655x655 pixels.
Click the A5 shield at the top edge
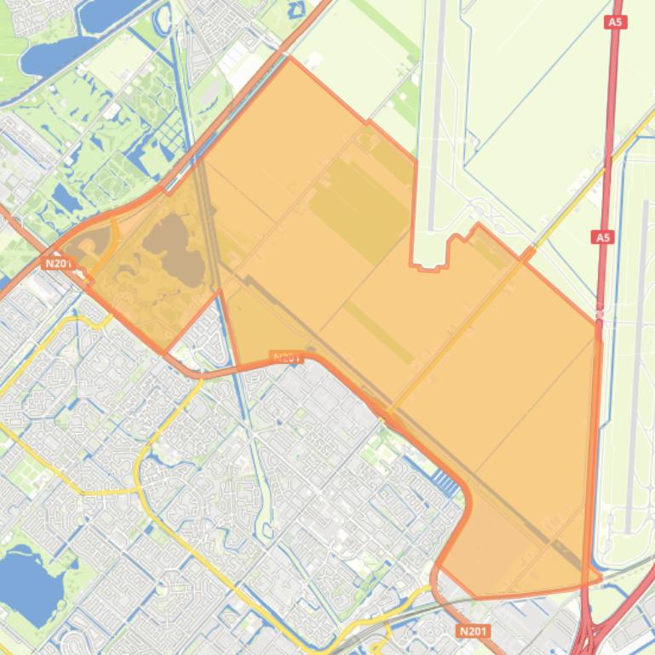pyautogui.click(x=616, y=21)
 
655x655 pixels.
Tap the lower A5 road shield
pyautogui.click(x=603, y=237)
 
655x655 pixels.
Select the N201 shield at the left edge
pyautogui.click(x=58, y=264)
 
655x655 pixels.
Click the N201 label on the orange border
pyautogui.click(x=286, y=358)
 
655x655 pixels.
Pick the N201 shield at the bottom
pyautogui.click(x=473, y=631)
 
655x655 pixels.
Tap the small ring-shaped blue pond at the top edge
pyautogui.click(x=296, y=10)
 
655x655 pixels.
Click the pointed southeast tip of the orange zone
pyautogui.click(x=600, y=578)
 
